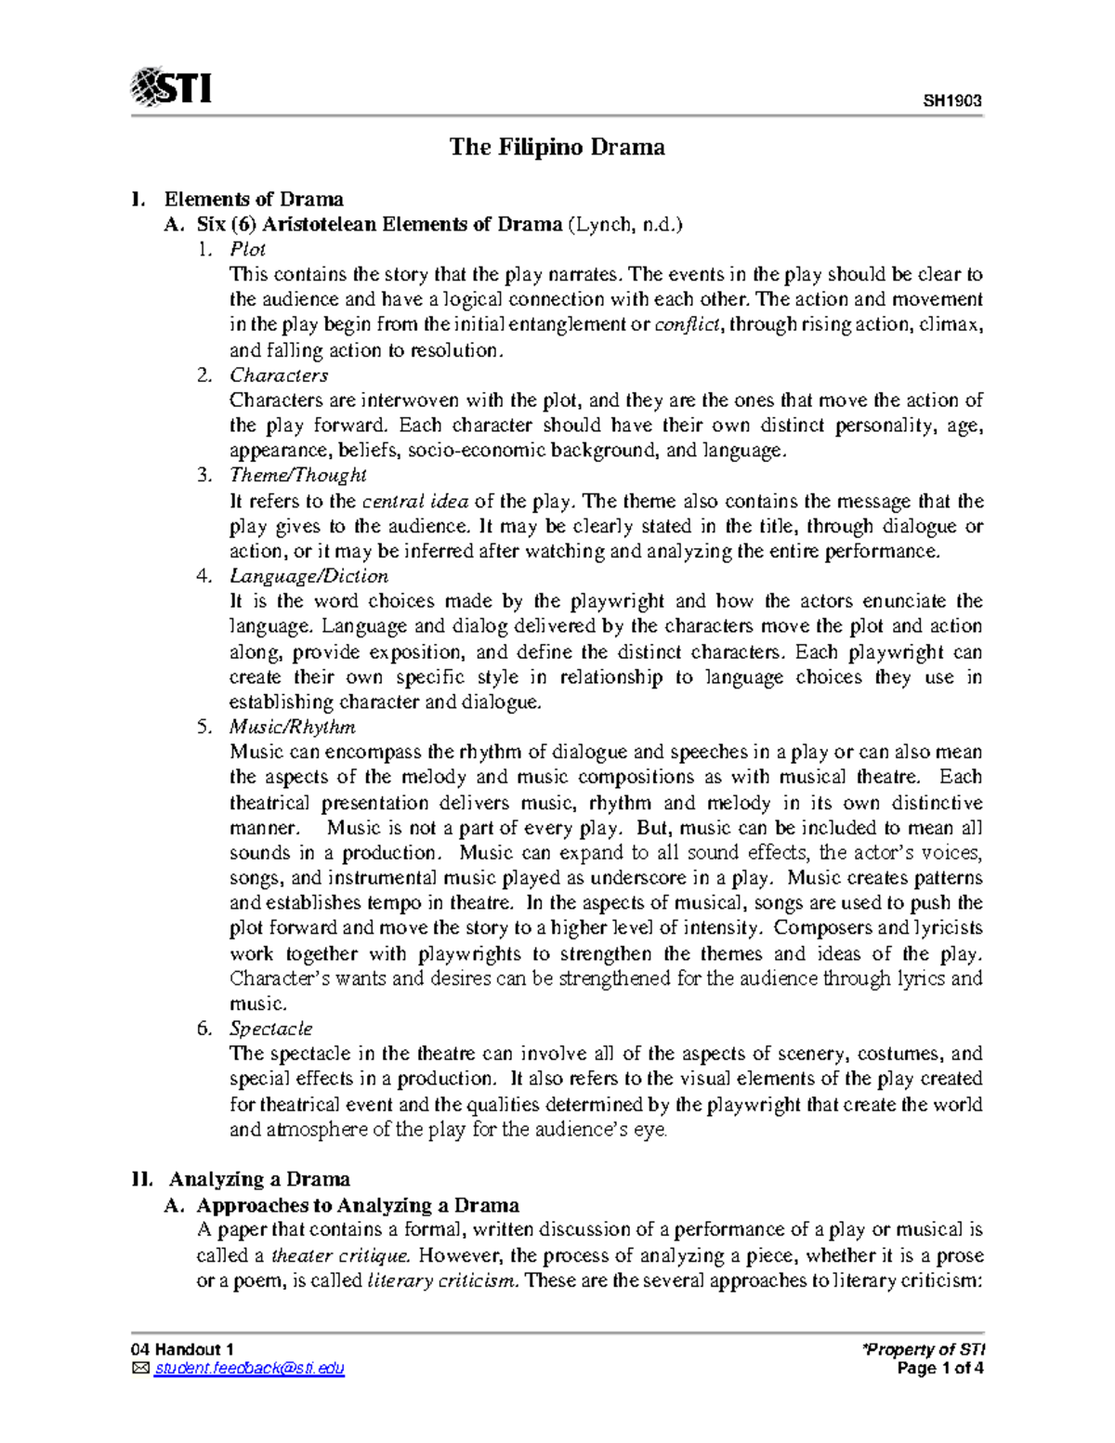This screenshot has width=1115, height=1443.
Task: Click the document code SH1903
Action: (x=952, y=101)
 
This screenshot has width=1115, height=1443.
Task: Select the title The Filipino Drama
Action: (x=557, y=147)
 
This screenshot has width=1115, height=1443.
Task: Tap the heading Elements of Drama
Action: (x=254, y=199)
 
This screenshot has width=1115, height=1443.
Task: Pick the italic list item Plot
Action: (x=247, y=249)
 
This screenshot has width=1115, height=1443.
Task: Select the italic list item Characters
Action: (x=279, y=375)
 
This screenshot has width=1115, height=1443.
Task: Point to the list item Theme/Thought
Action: (x=297, y=476)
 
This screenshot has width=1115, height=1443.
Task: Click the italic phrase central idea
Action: (x=414, y=502)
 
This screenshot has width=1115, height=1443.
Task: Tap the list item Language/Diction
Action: (x=308, y=576)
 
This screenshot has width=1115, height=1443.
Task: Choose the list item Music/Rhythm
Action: (x=292, y=727)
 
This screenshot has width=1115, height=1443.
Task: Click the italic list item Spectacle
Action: (x=270, y=1029)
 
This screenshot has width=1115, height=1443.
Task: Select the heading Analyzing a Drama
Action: (x=259, y=1179)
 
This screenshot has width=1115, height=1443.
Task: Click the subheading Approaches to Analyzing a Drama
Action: (x=358, y=1205)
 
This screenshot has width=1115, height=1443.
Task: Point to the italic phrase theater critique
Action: (x=339, y=1256)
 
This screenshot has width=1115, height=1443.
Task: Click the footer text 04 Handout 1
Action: (x=182, y=1349)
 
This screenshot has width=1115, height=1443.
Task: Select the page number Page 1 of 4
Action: (x=939, y=1369)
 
